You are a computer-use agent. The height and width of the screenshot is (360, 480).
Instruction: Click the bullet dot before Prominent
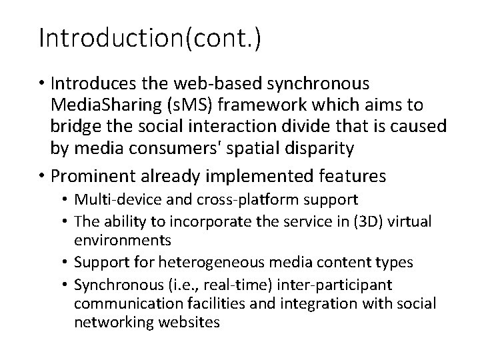pyautogui.click(x=43, y=177)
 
